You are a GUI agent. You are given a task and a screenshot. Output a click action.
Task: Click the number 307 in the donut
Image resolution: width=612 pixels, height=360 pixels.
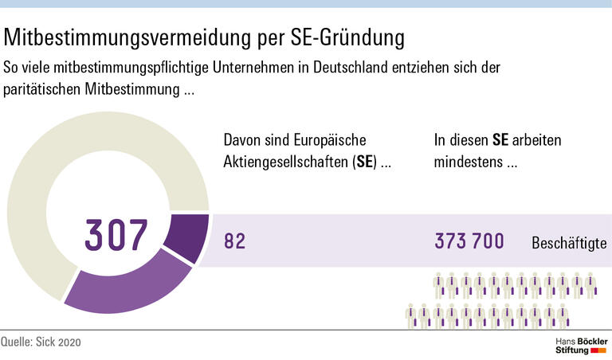tap(116, 236)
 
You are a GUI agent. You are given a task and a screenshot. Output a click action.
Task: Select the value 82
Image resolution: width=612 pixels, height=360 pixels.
tap(234, 241)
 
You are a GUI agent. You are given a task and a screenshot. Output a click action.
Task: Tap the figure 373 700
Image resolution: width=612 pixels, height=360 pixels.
tap(469, 241)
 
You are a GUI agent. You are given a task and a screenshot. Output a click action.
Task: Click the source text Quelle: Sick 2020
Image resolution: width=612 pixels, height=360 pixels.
tap(41, 342)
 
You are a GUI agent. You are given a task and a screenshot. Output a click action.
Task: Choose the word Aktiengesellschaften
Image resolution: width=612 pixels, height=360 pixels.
tap(288, 162)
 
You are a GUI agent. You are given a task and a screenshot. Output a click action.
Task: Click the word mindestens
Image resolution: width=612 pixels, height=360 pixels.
tap(469, 162)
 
